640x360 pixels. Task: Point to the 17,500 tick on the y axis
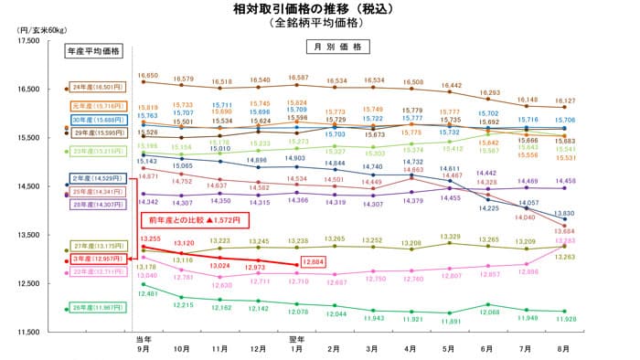point(22,41)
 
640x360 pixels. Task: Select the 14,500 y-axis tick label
point(22,186)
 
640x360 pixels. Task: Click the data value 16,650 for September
point(148,76)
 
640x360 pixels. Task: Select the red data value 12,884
point(313,264)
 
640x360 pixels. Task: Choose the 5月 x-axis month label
point(450,347)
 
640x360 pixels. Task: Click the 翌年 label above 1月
point(296,338)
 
